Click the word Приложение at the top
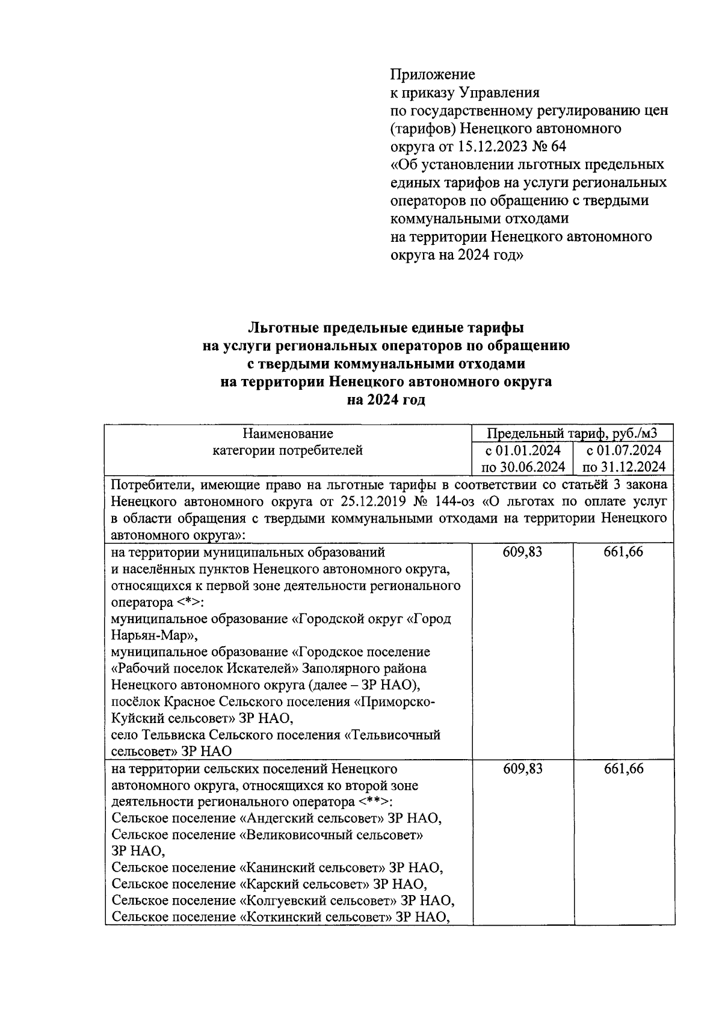coord(433,75)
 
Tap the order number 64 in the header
coord(558,147)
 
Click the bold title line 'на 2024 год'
coord(386,399)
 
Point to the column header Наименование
coord(288,434)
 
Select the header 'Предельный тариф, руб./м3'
coord(572,434)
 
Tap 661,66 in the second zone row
coord(624,769)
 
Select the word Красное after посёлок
coord(189,702)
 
